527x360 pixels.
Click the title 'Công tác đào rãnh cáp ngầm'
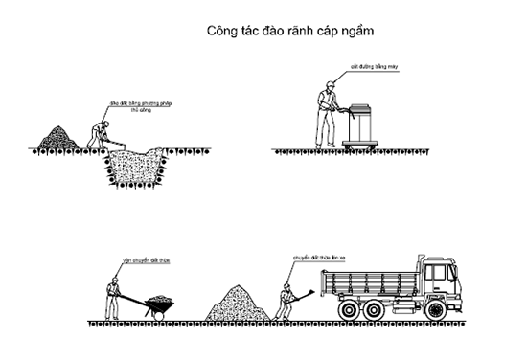pos(289,31)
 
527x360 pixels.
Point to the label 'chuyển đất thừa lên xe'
pos(319,257)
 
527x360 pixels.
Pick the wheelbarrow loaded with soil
pos(158,304)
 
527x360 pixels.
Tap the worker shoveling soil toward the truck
pos(286,296)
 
